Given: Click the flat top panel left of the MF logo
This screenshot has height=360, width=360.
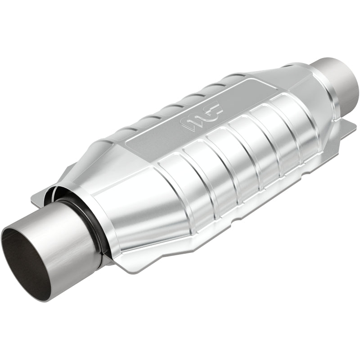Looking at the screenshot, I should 153,139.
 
